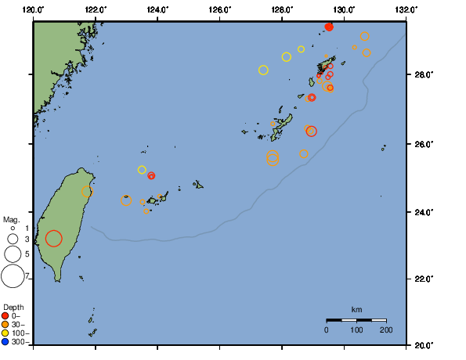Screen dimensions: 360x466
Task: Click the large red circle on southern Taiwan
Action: [x=53, y=239]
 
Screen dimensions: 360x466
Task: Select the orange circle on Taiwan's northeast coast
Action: [x=88, y=191]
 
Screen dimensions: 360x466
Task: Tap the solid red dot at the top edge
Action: [x=329, y=27]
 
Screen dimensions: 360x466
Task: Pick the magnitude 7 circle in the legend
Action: [x=13, y=275]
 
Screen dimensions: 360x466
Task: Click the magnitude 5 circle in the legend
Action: [x=13, y=254]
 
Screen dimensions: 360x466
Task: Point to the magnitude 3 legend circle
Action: [x=13, y=239]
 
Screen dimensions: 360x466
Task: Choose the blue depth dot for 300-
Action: [x=5, y=342]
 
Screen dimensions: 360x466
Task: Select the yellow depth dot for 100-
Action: [x=5, y=333]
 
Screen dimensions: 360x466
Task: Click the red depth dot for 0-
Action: [x=5, y=315]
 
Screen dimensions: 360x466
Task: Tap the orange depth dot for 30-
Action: [x=5, y=325]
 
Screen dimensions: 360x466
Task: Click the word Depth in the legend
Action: [x=13, y=307]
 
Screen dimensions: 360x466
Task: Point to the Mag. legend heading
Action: [x=13, y=220]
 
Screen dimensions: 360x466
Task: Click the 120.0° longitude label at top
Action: [x=34, y=9]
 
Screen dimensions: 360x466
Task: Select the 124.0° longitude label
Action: [x=157, y=9]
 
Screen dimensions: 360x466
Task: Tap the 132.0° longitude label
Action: [x=404, y=9]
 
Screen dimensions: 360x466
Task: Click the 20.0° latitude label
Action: [x=422, y=345]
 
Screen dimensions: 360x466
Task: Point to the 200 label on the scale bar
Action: [x=386, y=331]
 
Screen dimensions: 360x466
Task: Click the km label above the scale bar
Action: [x=356, y=310]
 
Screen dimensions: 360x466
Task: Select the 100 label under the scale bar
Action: [x=356, y=331]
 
